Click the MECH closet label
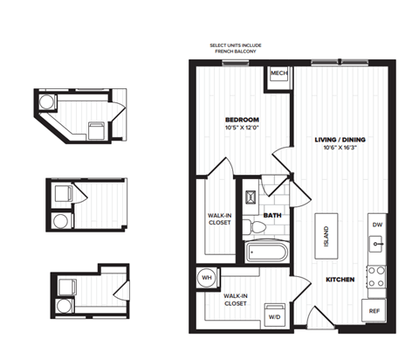click(x=278, y=73)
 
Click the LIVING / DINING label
click(x=336, y=139)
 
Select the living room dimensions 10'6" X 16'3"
click(x=336, y=149)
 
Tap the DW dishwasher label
click(x=377, y=225)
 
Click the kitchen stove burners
click(x=376, y=277)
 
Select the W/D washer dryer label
click(x=273, y=317)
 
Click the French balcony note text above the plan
click(x=236, y=49)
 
